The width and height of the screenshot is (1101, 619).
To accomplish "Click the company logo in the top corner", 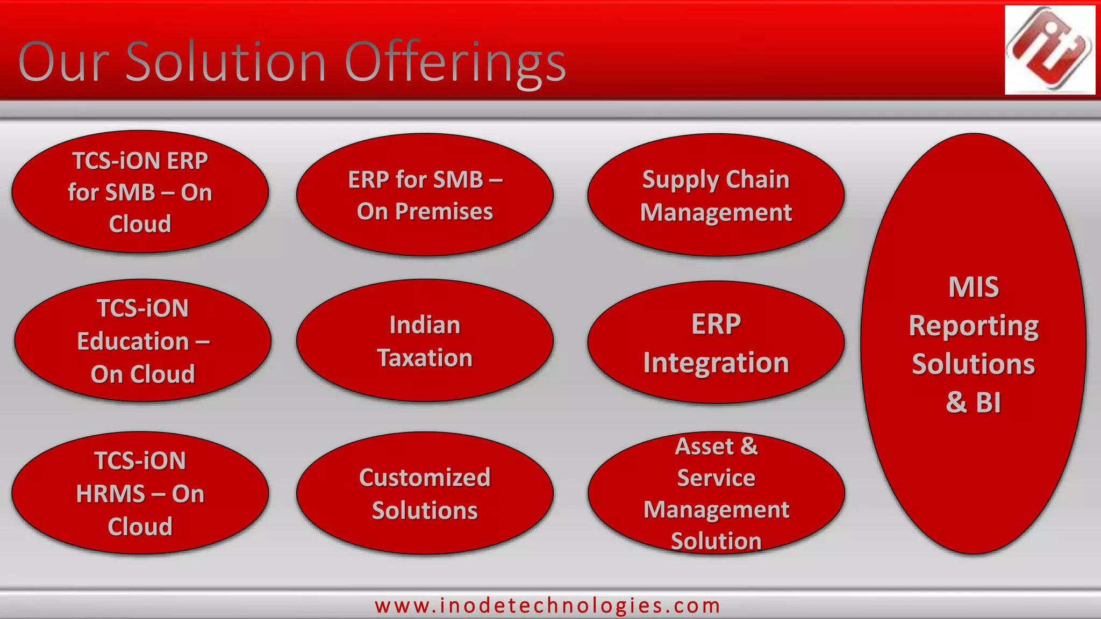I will tap(1049, 49).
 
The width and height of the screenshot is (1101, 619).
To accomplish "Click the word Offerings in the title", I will tap(455, 63).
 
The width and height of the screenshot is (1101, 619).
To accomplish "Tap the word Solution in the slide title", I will tap(226, 62).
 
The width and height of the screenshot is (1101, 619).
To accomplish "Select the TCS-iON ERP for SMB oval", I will tap(140, 192).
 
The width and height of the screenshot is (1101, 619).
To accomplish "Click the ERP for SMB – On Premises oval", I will tap(425, 195).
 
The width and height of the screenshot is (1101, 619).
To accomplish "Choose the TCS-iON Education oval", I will tap(142, 341).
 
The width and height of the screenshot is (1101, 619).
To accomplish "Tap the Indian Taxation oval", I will tap(425, 341).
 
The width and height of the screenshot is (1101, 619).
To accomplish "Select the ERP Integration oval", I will tap(716, 343).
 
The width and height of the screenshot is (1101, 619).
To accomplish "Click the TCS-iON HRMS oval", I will tap(140, 493).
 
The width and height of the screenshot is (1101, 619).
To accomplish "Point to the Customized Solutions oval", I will tap(425, 493).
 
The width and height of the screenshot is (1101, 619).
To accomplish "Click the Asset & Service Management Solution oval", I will tap(716, 493).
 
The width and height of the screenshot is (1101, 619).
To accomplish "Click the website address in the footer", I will tap(547, 606).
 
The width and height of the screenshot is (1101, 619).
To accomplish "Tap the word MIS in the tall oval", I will tap(973, 287).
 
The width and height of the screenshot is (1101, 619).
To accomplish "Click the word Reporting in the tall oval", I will tap(973, 327).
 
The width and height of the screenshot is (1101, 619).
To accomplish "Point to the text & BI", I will tap(973, 402).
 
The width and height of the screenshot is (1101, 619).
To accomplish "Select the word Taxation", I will tap(425, 358).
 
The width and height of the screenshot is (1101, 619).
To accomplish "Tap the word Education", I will tap(133, 342).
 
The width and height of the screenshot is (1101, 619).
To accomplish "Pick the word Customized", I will tap(425, 477).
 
